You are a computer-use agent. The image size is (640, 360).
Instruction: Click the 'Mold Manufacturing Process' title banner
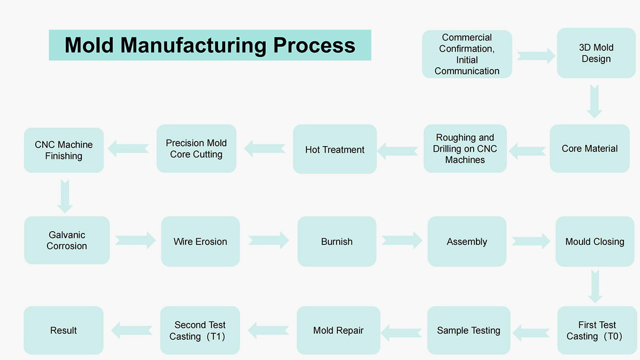pos(210,45)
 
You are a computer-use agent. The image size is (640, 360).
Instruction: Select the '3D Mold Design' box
pos(596,53)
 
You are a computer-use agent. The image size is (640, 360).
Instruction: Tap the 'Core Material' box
pos(590,149)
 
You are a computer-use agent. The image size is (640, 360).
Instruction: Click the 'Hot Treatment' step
pos(335,149)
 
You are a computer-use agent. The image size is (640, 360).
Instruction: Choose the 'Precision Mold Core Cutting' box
pos(196,149)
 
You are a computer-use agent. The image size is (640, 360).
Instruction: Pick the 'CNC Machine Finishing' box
pos(64,150)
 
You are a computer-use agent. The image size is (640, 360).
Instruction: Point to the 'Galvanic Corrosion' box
pos(67,240)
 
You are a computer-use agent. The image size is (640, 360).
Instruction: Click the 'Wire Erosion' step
pos(200,242)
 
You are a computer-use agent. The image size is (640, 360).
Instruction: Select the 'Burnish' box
pos(337,242)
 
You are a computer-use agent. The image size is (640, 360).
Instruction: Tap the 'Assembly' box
pos(467,242)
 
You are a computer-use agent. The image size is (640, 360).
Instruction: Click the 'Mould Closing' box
pos(595,242)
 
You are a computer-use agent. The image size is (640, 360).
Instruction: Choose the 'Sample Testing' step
pos(468,330)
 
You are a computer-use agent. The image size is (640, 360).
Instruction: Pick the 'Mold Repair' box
pos(338,330)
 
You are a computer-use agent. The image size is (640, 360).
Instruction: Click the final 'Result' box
pos(63,330)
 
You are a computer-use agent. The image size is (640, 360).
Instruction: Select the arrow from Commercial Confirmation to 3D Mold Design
pos(536,56)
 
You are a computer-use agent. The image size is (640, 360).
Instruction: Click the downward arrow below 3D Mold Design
pos(594,102)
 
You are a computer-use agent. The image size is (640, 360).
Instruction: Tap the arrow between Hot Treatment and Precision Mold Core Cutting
pos(265,149)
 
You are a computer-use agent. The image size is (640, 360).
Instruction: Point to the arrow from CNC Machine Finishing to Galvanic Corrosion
pos(65,196)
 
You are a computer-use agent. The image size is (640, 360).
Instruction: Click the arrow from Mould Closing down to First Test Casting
pos(595,286)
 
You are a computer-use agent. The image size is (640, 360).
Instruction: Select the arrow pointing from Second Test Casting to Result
pos(132,330)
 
